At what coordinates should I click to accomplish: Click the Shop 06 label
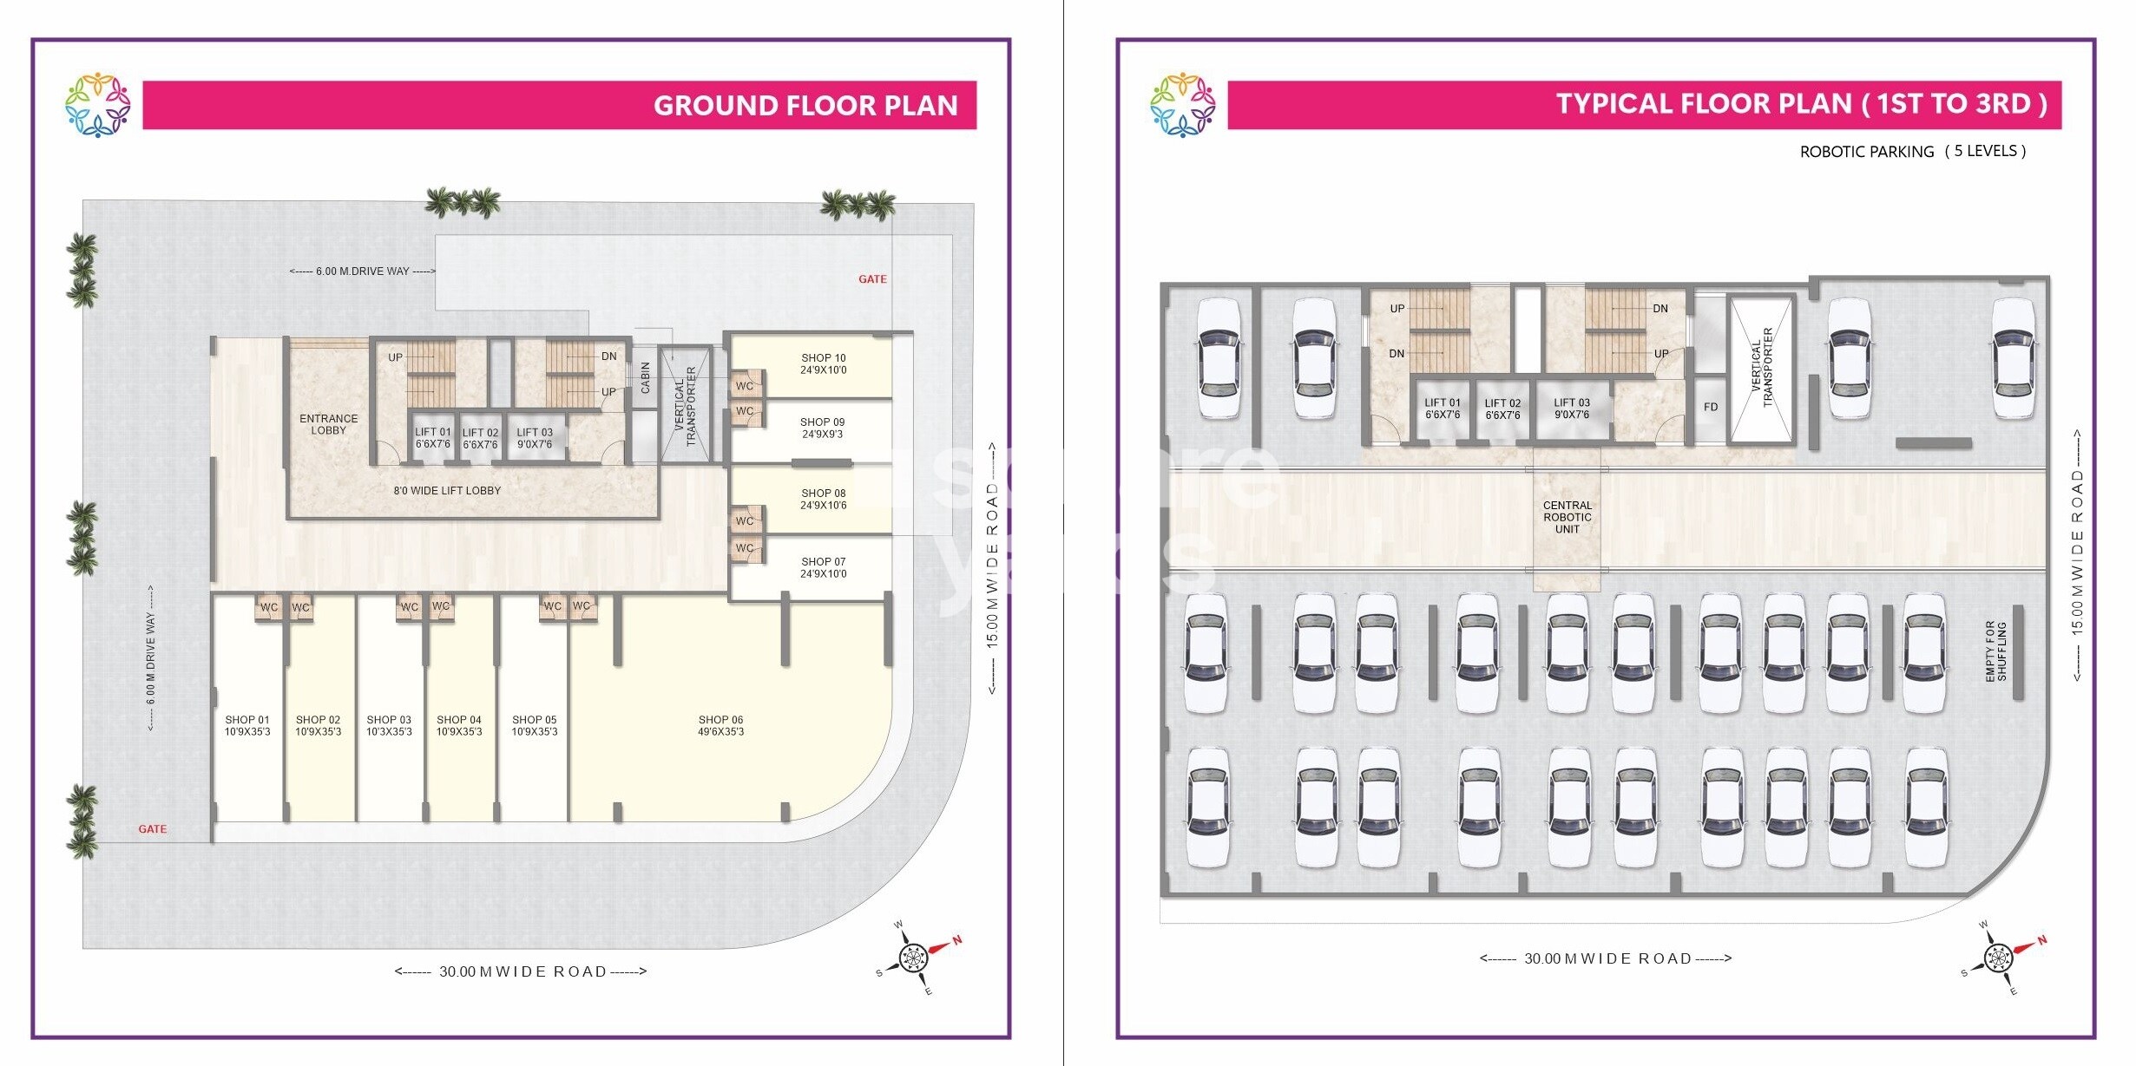coord(720,726)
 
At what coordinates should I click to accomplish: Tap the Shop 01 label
coord(247,726)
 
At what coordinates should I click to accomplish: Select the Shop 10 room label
coord(823,363)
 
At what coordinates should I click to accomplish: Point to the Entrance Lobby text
coord(328,424)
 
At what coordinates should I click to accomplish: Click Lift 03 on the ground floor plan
coord(535,438)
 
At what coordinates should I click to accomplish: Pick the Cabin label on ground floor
coord(645,378)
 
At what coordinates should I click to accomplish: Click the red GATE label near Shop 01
coord(153,829)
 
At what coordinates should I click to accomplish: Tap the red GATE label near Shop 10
coord(872,279)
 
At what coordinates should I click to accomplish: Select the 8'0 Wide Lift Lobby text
coord(447,491)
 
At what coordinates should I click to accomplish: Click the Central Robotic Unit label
coord(1567,517)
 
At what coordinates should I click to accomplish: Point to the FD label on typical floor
coord(1710,407)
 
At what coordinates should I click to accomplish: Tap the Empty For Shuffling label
coord(1995,651)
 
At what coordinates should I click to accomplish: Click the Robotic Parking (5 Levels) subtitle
coord(1912,152)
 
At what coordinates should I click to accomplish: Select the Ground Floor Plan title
coord(805,106)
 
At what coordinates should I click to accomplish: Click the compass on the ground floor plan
coord(914,958)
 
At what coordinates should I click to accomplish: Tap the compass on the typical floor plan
coord(1998,958)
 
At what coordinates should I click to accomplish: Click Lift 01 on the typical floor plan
coord(1442,409)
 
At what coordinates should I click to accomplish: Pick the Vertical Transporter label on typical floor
coord(1761,368)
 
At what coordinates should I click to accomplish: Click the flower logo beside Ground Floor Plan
coord(97,105)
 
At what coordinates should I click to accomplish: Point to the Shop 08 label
coord(823,499)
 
